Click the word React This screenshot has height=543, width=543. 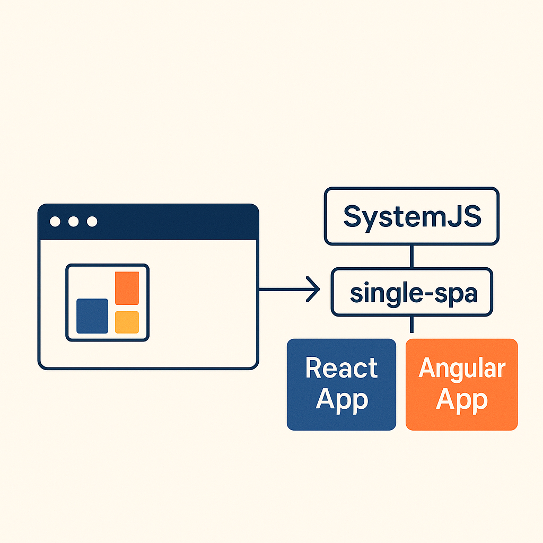341,368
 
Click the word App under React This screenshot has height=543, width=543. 341,400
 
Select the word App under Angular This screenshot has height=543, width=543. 461,400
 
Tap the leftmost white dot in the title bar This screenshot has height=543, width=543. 55,222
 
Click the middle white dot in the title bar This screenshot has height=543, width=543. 74,222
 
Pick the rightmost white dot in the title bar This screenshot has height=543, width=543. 92,222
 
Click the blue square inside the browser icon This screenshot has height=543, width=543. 92,316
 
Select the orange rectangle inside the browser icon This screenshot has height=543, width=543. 127,288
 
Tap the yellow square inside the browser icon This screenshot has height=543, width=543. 127,322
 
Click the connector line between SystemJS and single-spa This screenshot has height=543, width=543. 411,257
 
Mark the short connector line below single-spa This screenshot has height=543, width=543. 411,325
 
